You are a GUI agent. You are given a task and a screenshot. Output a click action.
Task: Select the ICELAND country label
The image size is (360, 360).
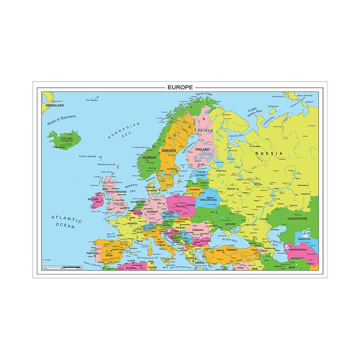pyautogui.click(x=67, y=139)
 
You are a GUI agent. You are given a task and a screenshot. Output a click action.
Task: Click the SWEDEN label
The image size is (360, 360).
pyautogui.click(x=169, y=150)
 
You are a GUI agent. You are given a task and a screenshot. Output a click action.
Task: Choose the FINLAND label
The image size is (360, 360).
pyautogui.click(x=203, y=149)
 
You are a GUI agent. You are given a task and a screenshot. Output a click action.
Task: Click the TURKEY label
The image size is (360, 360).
pyautogui.click(x=231, y=249)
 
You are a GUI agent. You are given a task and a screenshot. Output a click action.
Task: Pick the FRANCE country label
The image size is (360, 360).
pyautogui.click(x=132, y=223)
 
